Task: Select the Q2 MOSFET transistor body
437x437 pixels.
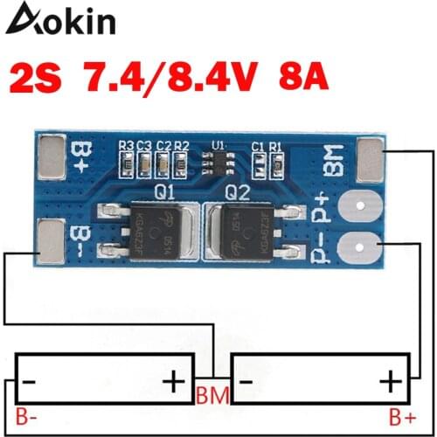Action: point(248,231)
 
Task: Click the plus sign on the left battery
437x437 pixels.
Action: point(174,383)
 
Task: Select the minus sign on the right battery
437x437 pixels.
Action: point(248,383)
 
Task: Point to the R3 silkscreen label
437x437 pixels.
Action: point(126,144)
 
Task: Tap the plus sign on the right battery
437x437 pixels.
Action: point(392,382)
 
